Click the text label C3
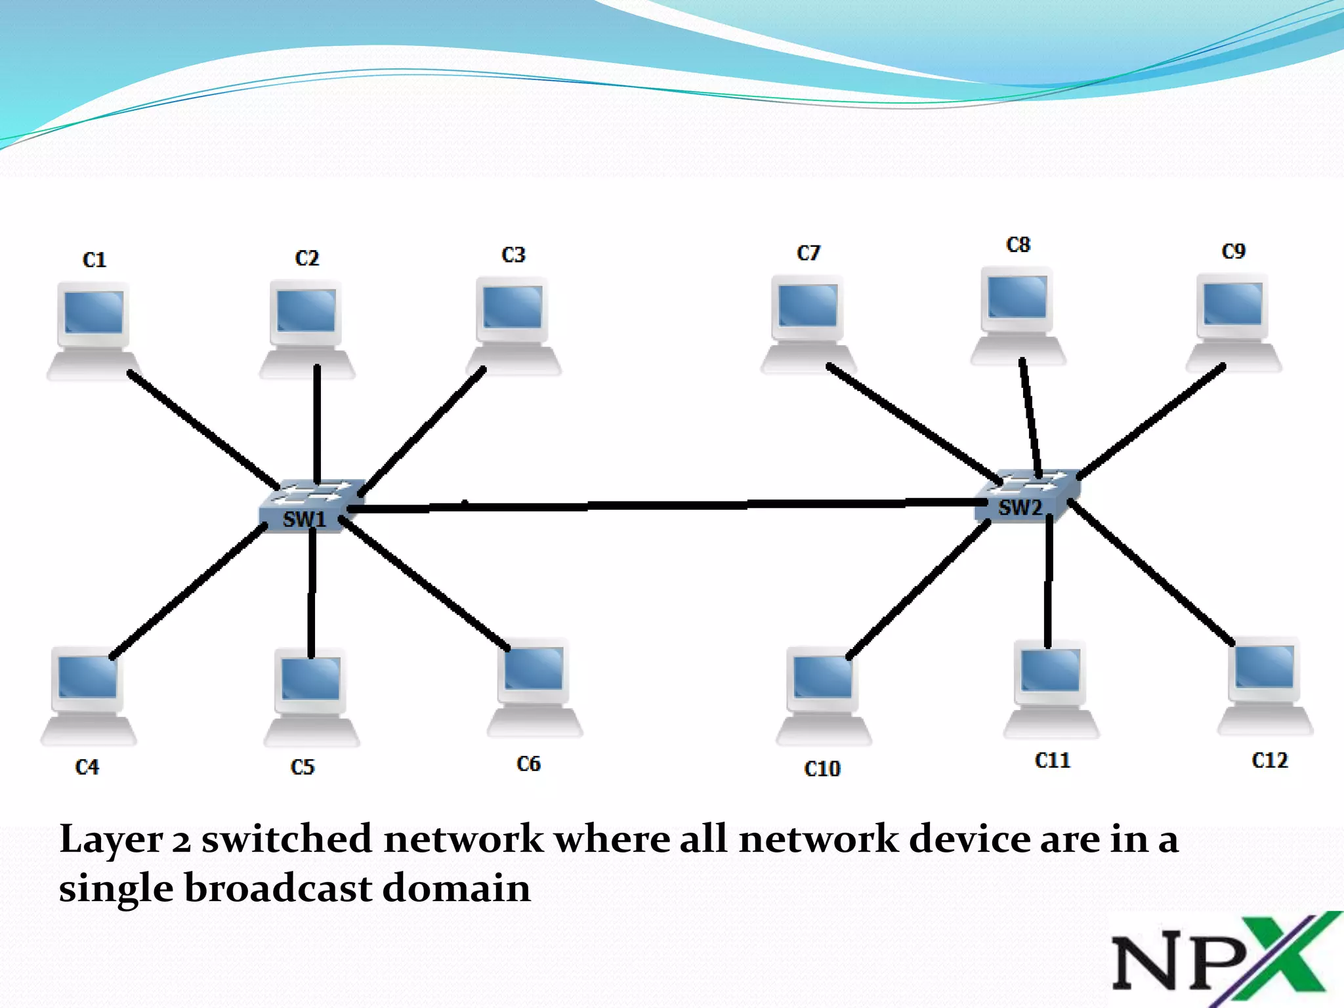point(513,255)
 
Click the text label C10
point(822,768)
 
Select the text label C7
point(808,253)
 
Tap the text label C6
point(528,764)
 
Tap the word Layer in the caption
point(110,840)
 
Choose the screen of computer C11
point(1050,670)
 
